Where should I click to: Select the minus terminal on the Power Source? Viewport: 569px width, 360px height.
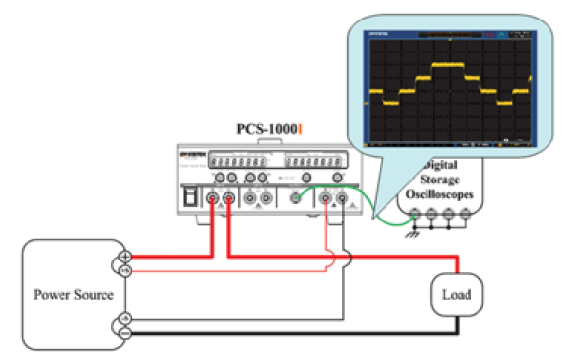point(126,333)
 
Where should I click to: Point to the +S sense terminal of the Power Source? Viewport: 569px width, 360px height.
point(126,271)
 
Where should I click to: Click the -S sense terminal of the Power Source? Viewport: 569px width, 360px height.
point(126,319)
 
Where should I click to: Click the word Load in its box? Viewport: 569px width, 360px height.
point(457,293)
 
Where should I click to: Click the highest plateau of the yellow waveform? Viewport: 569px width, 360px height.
point(448,65)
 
